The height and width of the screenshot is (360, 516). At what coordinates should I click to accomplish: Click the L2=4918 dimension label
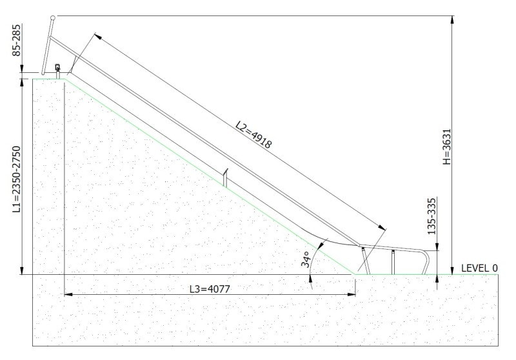(x=253, y=135)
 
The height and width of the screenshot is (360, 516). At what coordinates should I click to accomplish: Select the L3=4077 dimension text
(x=210, y=289)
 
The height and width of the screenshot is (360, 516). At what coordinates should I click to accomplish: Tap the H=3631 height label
(x=447, y=146)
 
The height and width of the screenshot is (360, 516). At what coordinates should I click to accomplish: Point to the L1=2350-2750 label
(x=17, y=179)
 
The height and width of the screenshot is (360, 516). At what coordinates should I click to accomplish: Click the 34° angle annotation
(x=306, y=259)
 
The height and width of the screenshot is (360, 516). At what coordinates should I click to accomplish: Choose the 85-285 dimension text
(x=17, y=40)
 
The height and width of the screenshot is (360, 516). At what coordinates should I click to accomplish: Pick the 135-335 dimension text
(x=432, y=216)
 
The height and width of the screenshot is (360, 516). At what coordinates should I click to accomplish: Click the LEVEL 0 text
(x=479, y=268)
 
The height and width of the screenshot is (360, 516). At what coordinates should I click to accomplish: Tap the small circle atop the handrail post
(x=53, y=17)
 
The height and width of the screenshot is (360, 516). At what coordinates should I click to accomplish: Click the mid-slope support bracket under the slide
(x=225, y=177)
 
